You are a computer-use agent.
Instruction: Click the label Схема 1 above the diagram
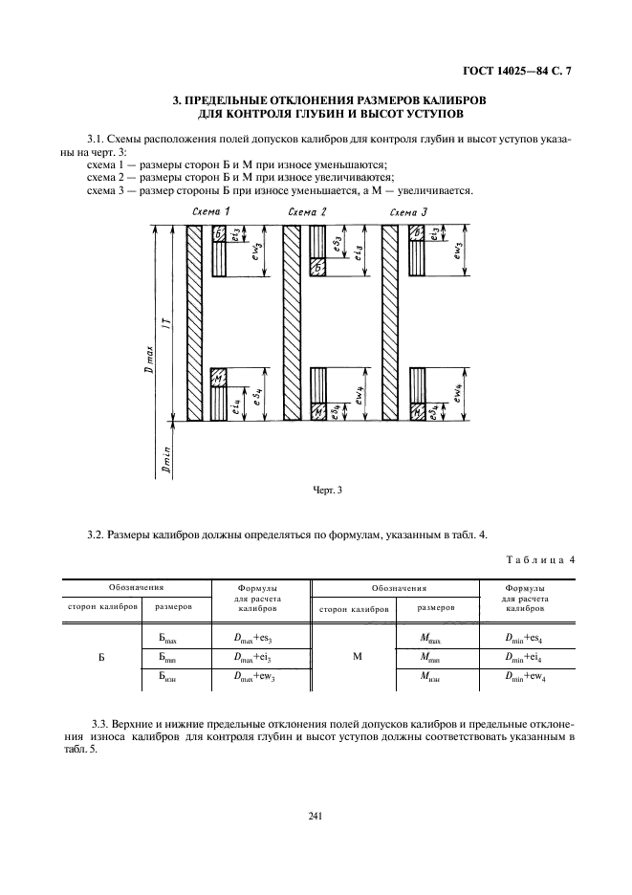[209, 210]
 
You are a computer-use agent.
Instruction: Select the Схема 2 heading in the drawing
[306, 210]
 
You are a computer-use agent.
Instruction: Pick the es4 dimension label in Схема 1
[255, 398]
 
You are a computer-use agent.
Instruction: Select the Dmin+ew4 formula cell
[524, 676]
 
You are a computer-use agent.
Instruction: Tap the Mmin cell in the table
[428, 656]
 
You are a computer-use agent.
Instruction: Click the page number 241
[316, 816]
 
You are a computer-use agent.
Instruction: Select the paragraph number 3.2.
[96, 533]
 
